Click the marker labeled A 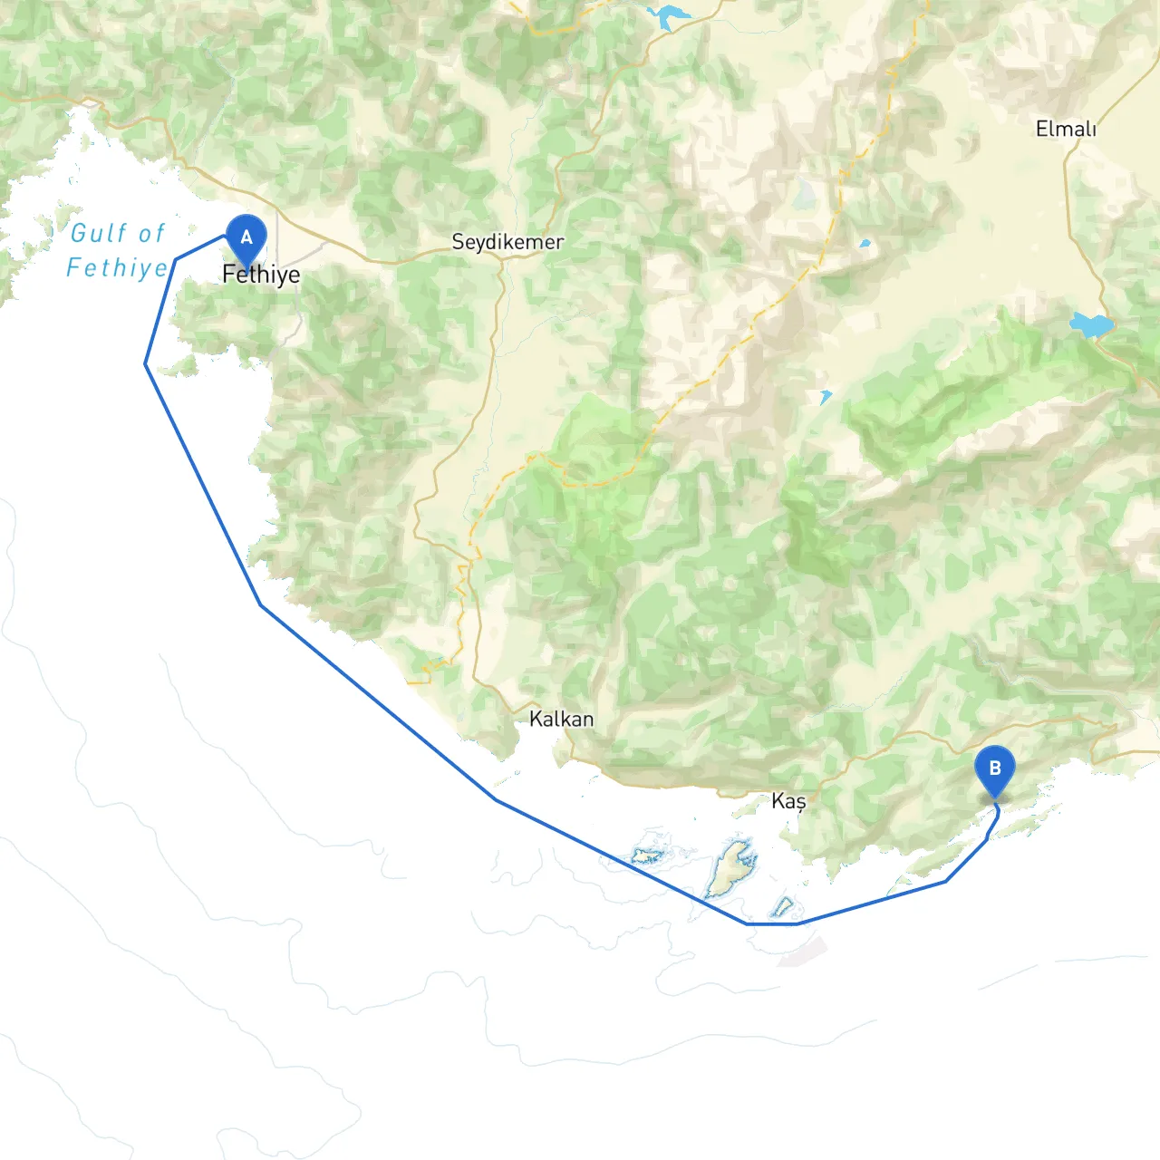[246, 238]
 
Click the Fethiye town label [261, 275]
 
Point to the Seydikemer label [507, 242]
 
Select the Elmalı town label [1066, 130]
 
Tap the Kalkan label [562, 720]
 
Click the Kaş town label [788, 801]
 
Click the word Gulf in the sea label [101, 234]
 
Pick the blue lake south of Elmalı [1090, 324]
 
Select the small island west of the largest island [646, 855]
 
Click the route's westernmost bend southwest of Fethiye [146, 364]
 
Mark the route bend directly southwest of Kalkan [495, 799]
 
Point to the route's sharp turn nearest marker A [176, 259]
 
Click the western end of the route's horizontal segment [747, 923]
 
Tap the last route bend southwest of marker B [946, 881]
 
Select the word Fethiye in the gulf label [117, 268]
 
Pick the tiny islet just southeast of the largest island [783, 905]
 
